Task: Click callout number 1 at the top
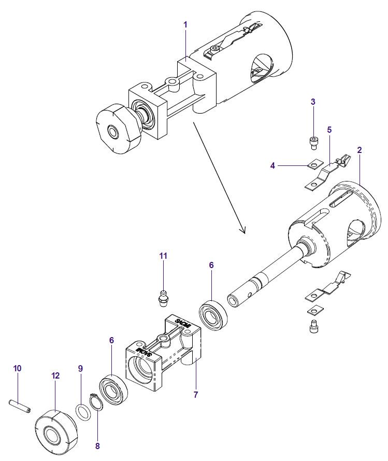pyautogui.click(x=185, y=24)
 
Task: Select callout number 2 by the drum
pyautogui.click(x=359, y=150)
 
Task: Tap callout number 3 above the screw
pyautogui.click(x=313, y=102)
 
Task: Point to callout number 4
pyautogui.click(x=272, y=165)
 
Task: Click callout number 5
pyautogui.click(x=329, y=129)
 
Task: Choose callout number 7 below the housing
pyautogui.click(x=195, y=395)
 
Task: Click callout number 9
pyautogui.click(x=80, y=368)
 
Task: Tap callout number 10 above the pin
pyautogui.click(x=17, y=368)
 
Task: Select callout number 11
pyautogui.click(x=163, y=256)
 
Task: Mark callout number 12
pyautogui.click(x=55, y=375)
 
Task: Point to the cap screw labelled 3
pyautogui.click(x=313, y=141)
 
